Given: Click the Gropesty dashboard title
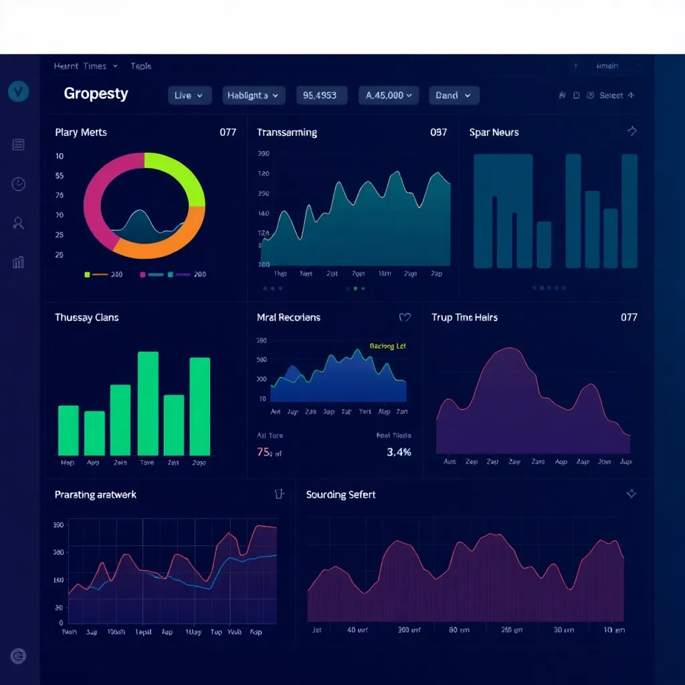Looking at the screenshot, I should [x=96, y=94].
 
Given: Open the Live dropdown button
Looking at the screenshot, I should [x=189, y=96].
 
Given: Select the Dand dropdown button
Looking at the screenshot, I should [x=454, y=96].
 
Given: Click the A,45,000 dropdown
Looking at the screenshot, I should [x=389, y=96].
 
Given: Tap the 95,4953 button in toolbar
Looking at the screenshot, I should [x=321, y=96].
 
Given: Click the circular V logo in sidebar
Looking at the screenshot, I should [x=19, y=92].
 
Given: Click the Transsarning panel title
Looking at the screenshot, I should [x=286, y=132].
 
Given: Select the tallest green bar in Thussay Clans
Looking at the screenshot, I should [x=148, y=403].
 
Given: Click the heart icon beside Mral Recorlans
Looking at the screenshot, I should [x=405, y=318].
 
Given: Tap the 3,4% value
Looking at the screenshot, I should [x=399, y=452].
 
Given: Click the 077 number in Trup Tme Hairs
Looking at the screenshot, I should [x=629, y=317].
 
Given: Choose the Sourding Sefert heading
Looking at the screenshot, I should [x=340, y=495].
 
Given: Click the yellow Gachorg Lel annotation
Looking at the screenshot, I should [x=387, y=347].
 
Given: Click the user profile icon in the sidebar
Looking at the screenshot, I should [x=19, y=223].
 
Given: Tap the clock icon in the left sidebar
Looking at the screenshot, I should [x=19, y=184].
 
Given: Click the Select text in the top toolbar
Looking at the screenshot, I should [x=611, y=96].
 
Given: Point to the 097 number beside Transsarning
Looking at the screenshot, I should [x=438, y=132].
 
